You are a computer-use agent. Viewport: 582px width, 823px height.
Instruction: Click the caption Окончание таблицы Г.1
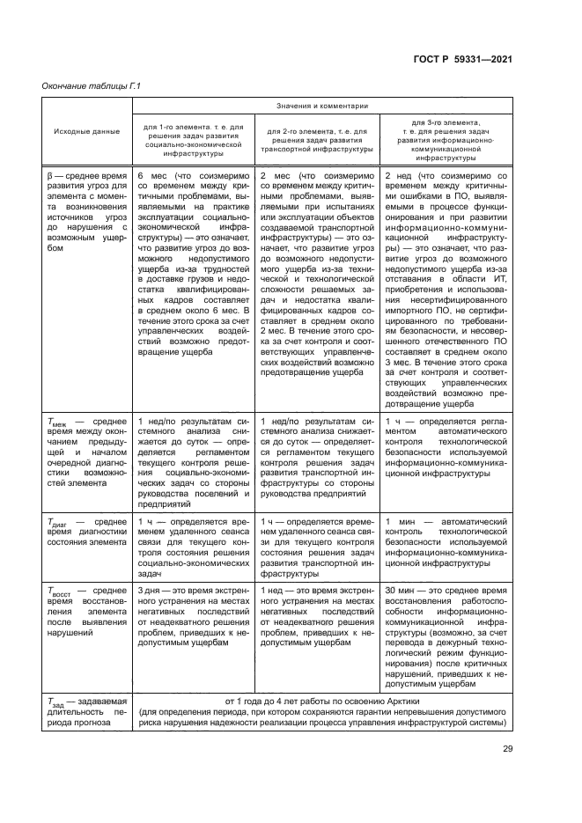coord(92,85)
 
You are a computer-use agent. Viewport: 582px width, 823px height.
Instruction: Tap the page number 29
coord(507,749)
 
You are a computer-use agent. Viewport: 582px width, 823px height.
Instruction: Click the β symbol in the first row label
coord(49,176)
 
